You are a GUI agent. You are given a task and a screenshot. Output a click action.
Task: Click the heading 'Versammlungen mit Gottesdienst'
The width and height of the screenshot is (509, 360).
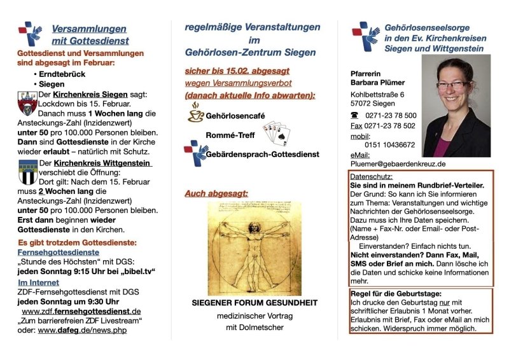coord(89,34)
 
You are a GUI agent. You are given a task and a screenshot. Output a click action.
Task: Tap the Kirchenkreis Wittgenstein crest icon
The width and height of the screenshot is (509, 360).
coord(27,172)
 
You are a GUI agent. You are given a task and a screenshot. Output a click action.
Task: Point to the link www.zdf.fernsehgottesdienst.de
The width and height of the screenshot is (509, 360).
coord(81,312)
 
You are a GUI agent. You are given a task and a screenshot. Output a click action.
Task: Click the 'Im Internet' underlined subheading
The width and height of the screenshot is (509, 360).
coord(38,282)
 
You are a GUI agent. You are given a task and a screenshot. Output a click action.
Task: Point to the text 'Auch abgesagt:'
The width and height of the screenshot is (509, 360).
coord(216,193)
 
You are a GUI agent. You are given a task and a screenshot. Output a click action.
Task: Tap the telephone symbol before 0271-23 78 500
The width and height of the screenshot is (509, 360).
coord(354,115)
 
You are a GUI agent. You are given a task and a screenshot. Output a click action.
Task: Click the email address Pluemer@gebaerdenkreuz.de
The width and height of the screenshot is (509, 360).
coord(398,163)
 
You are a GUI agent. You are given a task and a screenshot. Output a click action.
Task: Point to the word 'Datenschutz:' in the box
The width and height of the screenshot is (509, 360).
coord(372,176)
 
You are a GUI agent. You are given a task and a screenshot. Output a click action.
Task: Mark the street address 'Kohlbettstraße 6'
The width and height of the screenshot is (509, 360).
coord(377,94)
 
